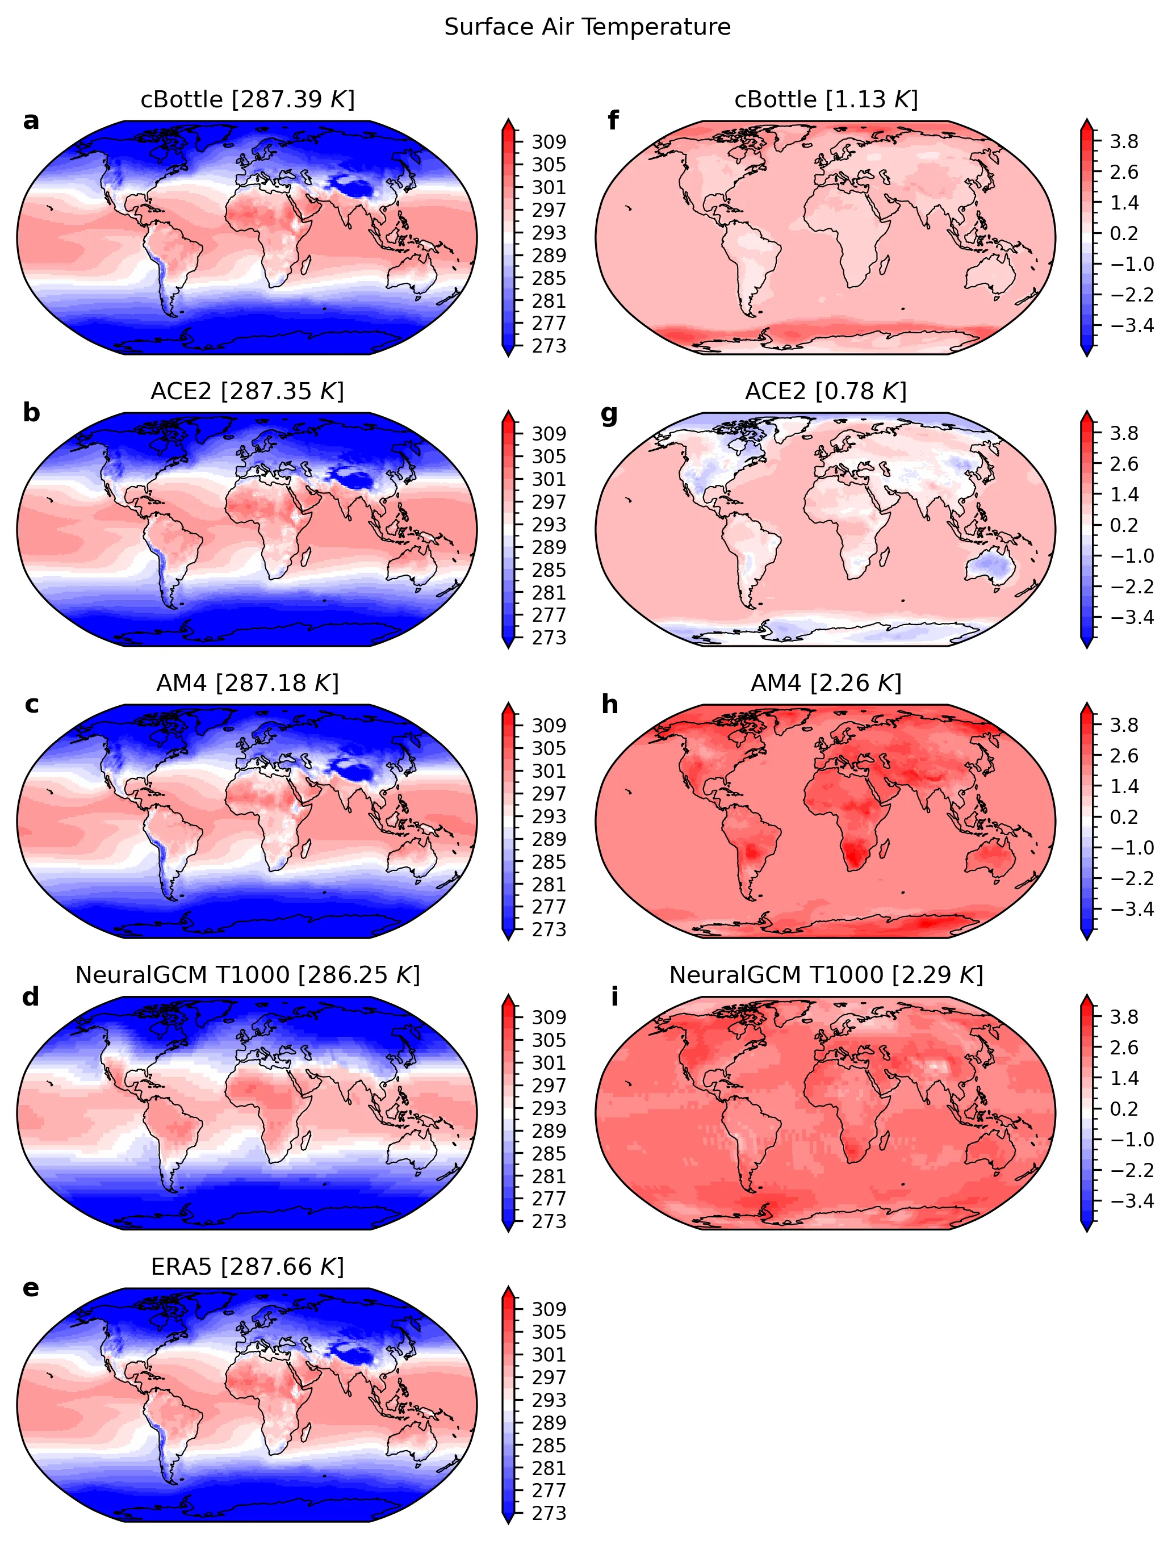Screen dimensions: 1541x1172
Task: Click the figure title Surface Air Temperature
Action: click(x=587, y=27)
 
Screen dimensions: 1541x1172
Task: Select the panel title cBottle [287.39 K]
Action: click(x=248, y=100)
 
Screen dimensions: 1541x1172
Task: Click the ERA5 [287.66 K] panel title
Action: click(x=248, y=1266)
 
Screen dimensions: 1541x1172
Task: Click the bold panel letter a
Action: click(x=31, y=122)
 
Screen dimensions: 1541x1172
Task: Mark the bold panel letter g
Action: click(x=609, y=414)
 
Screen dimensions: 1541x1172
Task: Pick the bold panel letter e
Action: click(x=31, y=1288)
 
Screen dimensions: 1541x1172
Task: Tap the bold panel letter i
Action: click(x=614, y=997)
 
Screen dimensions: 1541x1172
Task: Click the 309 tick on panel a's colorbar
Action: click(x=549, y=141)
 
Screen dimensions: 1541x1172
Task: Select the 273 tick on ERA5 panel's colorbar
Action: click(x=549, y=1513)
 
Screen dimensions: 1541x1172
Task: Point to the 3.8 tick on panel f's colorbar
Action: click(x=1124, y=141)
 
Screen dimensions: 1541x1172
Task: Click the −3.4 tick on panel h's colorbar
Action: click(x=1132, y=909)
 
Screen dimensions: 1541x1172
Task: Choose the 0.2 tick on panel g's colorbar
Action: click(x=1124, y=525)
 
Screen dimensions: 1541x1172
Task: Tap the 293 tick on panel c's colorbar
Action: click(x=549, y=816)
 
